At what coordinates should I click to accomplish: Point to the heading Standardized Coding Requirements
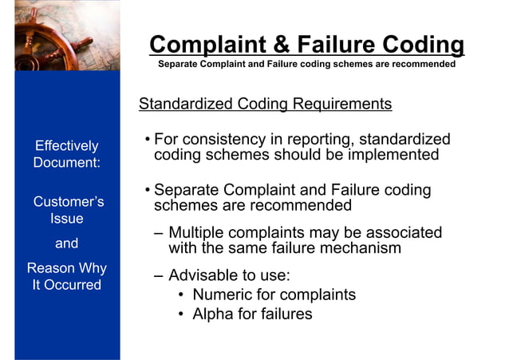pos(265,104)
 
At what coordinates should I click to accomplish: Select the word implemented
pos(395,155)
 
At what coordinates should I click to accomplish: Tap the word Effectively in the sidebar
pos(66,145)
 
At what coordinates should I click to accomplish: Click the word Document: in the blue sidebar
pos(66,162)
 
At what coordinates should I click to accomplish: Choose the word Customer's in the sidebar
pos(68,201)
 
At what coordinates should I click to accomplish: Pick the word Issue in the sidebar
pos(66,218)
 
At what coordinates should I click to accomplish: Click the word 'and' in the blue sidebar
pos(66,243)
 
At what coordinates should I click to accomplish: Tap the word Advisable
pos(203,275)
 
